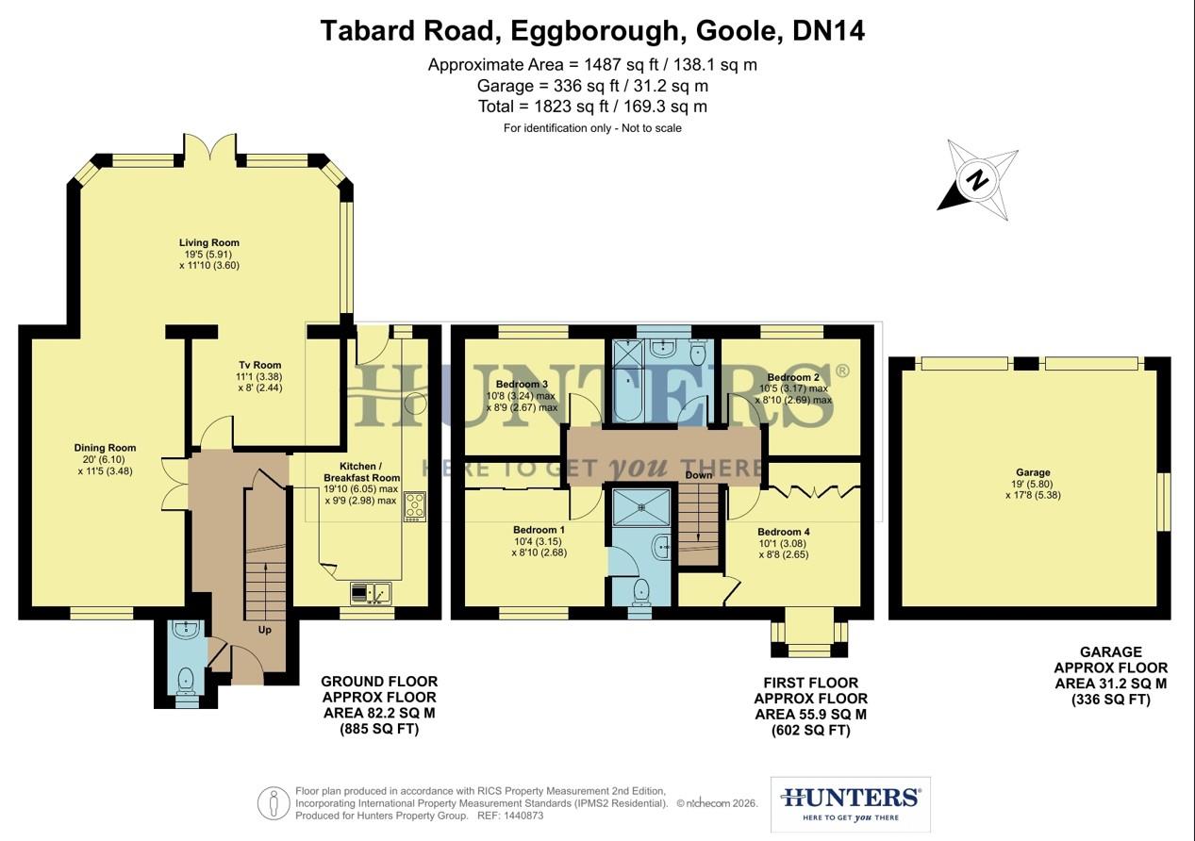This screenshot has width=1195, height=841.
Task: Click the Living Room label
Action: click(209, 242)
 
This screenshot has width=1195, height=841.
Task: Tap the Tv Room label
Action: click(258, 365)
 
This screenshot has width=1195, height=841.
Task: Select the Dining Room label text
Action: click(106, 448)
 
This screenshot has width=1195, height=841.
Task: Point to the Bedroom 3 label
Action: click(522, 384)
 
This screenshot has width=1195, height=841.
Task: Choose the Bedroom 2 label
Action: click(793, 377)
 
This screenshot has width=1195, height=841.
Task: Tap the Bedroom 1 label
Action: click(539, 529)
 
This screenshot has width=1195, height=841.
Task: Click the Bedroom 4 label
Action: click(783, 532)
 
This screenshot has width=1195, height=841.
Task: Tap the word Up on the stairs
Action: click(264, 629)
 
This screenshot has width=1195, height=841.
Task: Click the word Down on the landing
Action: click(699, 475)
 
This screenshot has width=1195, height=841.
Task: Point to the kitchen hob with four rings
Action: click(414, 506)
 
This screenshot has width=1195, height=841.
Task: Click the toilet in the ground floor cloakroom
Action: click(186, 678)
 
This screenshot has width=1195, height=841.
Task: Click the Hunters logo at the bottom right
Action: click(850, 802)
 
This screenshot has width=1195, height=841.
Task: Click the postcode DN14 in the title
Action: click(828, 31)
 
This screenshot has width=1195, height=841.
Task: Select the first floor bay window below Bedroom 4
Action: click(809, 637)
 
